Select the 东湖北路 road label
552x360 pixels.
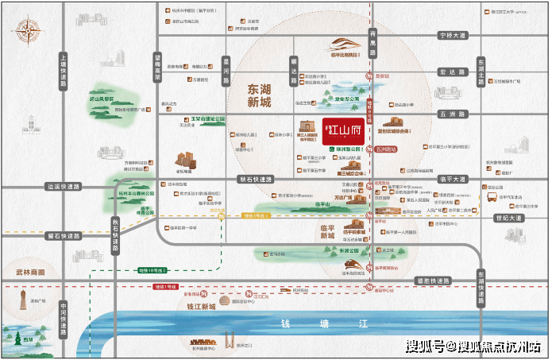coord(481,72)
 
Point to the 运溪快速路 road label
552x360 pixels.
coord(64,188)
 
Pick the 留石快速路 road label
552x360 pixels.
coord(64,235)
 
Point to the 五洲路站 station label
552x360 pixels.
coord(389,149)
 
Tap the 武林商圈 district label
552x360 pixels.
coord(29,273)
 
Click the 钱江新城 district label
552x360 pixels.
coord(197,306)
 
